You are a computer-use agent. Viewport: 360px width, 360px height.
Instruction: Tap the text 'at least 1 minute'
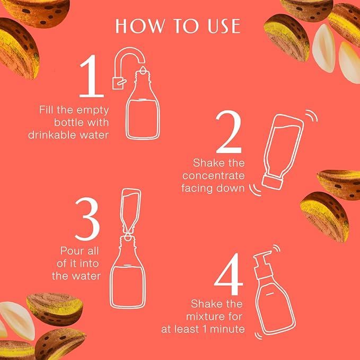click(203, 329)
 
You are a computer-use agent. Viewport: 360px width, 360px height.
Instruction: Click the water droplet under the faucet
click(142, 71)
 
